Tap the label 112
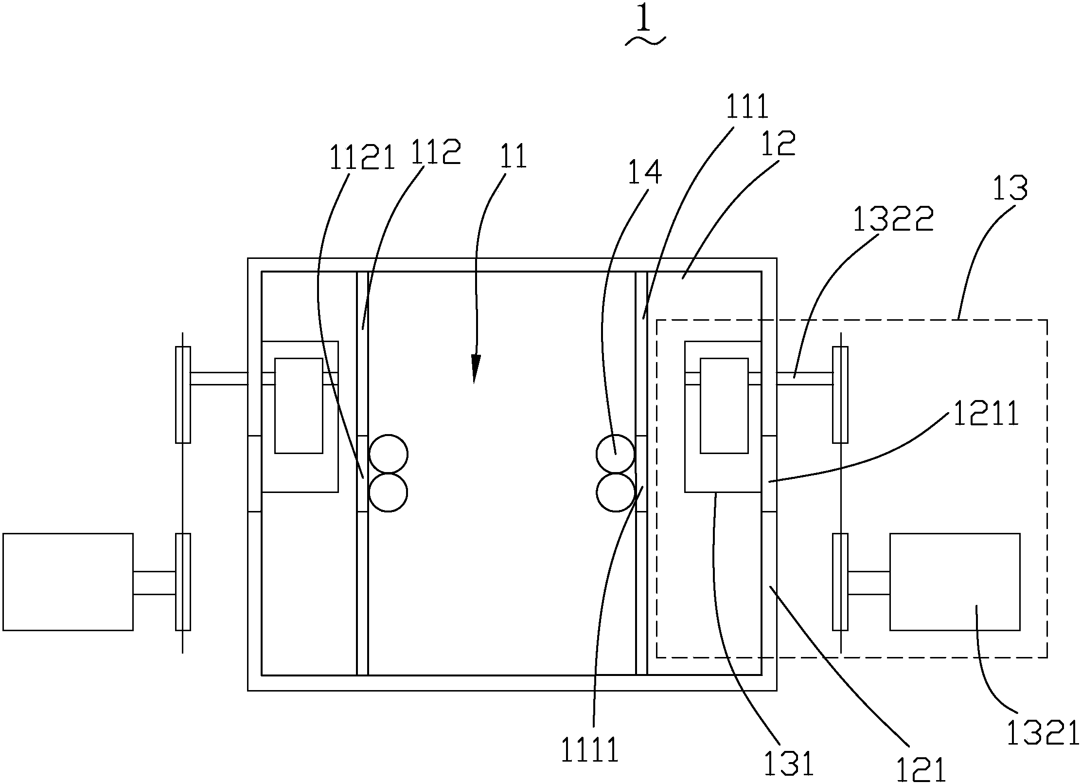pyautogui.click(x=435, y=152)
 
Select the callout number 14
pyautogui.click(x=645, y=173)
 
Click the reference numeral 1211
pyautogui.click(x=986, y=414)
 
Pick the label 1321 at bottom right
pyautogui.click(x=1043, y=746)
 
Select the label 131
pyautogui.click(x=788, y=764)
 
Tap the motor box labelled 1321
pyautogui.click(x=955, y=582)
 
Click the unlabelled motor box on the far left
pyautogui.click(x=68, y=582)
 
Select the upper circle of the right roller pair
pyautogui.click(x=616, y=454)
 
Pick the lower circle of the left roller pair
pyautogui.click(x=388, y=492)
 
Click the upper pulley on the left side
pyautogui.click(x=183, y=395)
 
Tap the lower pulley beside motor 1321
pyautogui.click(x=840, y=582)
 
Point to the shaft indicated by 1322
pyautogui.click(x=805, y=379)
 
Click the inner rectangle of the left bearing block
pyautogui.click(x=299, y=406)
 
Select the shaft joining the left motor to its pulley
pyautogui.click(x=154, y=583)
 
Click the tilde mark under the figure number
pyautogui.click(x=645, y=42)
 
